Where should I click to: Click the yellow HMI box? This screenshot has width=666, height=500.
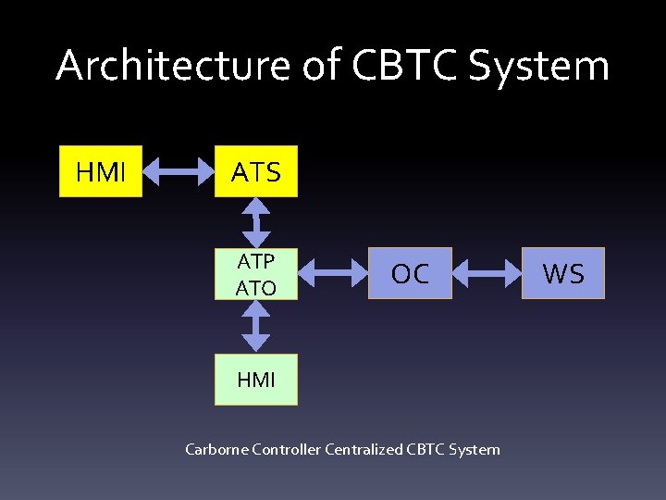[101, 171]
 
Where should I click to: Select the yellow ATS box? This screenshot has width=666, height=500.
[256, 171]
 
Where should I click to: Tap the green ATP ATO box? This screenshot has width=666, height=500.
[256, 273]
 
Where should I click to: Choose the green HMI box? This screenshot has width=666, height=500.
[256, 380]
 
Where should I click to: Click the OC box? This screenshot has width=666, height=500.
[410, 273]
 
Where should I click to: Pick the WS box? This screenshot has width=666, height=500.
[562, 273]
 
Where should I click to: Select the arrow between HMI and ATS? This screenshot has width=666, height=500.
[179, 171]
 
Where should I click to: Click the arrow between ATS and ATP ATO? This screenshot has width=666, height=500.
[256, 222]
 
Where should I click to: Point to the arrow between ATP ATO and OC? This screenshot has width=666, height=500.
[333, 273]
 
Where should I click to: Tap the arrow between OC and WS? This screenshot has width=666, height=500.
[487, 273]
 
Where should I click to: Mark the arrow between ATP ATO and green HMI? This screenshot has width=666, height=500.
[256, 325]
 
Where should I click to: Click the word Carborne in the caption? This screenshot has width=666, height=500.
[216, 450]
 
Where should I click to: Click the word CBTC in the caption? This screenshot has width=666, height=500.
[426, 450]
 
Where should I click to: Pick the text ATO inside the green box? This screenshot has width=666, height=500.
[256, 288]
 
